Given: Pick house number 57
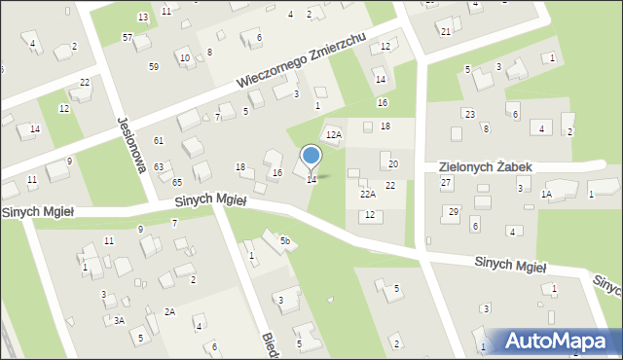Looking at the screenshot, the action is point(128,37).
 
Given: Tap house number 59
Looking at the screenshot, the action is point(154,66).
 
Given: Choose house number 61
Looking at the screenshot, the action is point(159,141).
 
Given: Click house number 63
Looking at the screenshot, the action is point(159,166).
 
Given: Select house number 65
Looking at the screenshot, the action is point(177,182).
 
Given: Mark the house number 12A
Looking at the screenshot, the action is point(333,134).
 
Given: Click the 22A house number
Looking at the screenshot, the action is point(367,194).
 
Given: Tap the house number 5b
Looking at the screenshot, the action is point(285,240).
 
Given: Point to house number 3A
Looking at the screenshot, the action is point(119,320).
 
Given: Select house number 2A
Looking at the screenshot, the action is point(169,311).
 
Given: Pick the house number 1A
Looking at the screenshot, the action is point(547,195).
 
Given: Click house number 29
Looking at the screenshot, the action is point(453,211).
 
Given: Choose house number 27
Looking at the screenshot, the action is point(446,182).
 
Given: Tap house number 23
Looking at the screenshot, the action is point(470,114).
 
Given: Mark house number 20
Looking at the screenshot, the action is point(393,163).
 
